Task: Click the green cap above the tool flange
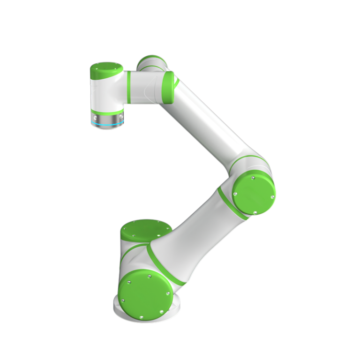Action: click(x=106, y=71)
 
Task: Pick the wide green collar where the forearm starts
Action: click(x=168, y=87)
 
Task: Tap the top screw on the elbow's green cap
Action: click(x=253, y=178)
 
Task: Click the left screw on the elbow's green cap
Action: click(x=235, y=194)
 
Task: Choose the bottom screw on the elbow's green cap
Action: click(x=255, y=212)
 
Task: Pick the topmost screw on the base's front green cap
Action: click(x=149, y=277)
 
